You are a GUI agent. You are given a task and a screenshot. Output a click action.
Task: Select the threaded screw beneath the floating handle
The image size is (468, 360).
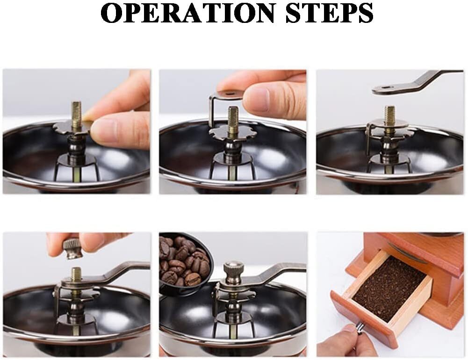tap(389, 116)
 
